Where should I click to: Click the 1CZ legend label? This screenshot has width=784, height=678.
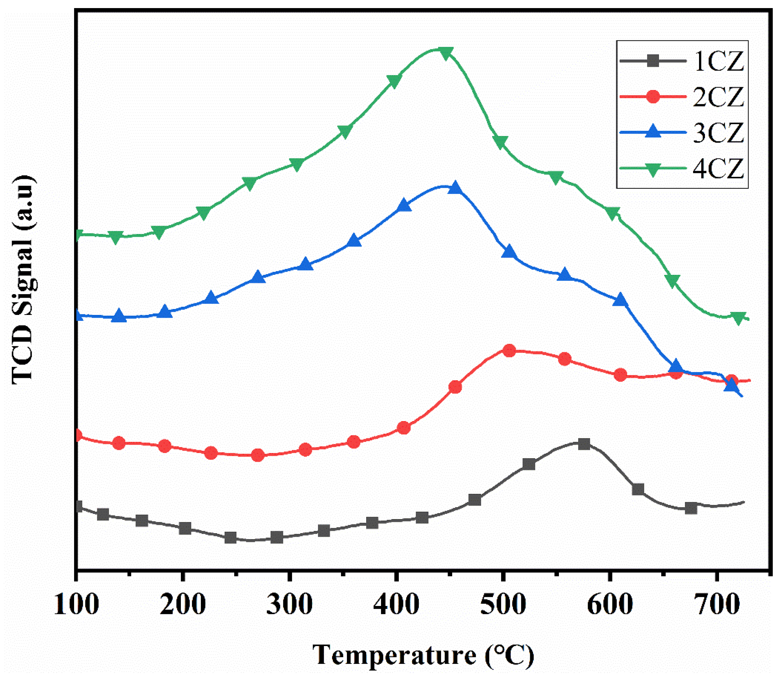[x=718, y=62]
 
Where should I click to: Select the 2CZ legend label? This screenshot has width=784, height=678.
[x=718, y=97]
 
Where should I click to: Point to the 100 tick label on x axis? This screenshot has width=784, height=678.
[x=76, y=604]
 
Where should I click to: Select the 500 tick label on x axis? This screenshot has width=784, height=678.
[x=502, y=604]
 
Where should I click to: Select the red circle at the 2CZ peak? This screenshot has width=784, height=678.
[x=509, y=350]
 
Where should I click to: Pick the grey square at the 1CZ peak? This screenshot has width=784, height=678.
[x=584, y=444]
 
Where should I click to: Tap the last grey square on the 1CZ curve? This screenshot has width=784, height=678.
[x=691, y=508]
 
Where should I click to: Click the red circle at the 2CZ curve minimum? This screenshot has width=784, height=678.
[x=258, y=455]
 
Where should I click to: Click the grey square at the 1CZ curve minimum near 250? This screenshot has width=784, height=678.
[x=230, y=538]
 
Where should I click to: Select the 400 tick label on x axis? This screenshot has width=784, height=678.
[x=396, y=604]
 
